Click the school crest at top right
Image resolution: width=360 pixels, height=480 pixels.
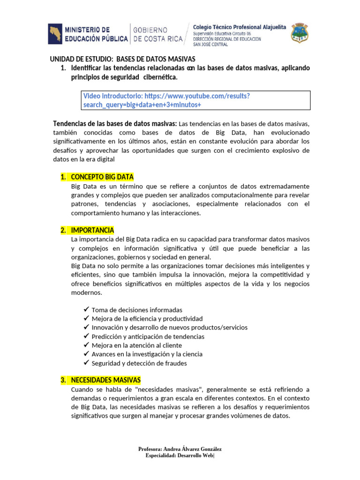[x=300, y=33]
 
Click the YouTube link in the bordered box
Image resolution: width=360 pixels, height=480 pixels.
[x=166, y=100]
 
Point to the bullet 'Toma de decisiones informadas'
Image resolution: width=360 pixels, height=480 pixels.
[x=137, y=310]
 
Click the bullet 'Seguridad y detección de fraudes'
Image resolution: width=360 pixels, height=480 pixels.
[x=139, y=363]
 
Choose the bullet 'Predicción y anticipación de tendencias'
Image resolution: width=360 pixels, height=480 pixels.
[x=148, y=336]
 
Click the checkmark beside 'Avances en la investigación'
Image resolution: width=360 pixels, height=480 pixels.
[x=86, y=354]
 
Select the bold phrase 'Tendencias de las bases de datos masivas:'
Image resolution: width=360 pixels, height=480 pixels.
[x=115, y=123]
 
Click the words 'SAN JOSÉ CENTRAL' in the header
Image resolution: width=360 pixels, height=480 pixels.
[x=210, y=45]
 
